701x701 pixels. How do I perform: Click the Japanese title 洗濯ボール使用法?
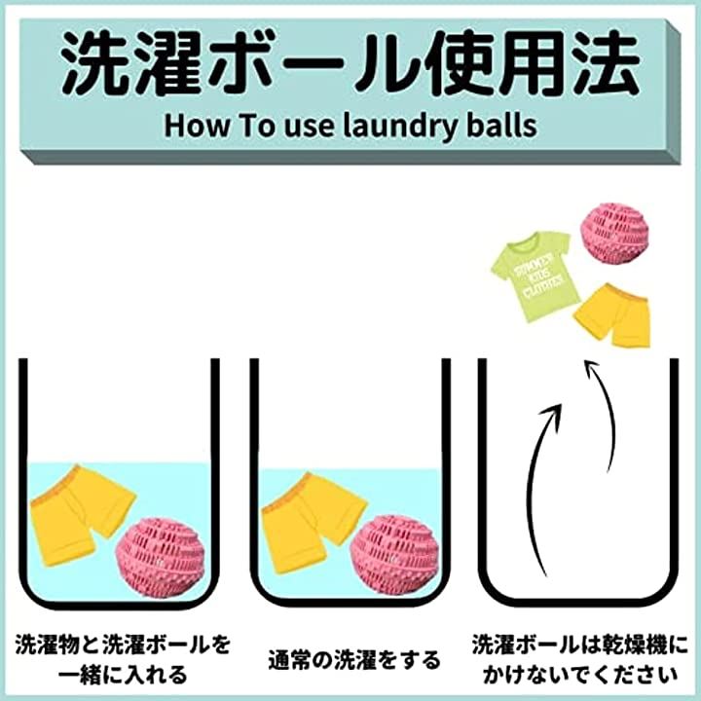(x=350, y=63)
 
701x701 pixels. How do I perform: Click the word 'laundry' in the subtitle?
(x=399, y=126)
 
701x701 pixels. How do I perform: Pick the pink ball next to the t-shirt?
(x=614, y=234)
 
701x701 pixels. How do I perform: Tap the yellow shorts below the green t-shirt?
(x=611, y=314)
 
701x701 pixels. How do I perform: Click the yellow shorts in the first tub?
(x=81, y=515)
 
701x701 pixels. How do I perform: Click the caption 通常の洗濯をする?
(x=354, y=660)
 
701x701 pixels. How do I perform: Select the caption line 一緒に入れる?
(x=123, y=674)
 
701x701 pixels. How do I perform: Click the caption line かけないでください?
(x=580, y=674)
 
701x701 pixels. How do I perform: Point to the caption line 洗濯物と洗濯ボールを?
(x=123, y=645)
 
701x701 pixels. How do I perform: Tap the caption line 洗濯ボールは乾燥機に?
(x=580, y=645)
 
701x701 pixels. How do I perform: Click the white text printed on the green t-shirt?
(x=537, y=277)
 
